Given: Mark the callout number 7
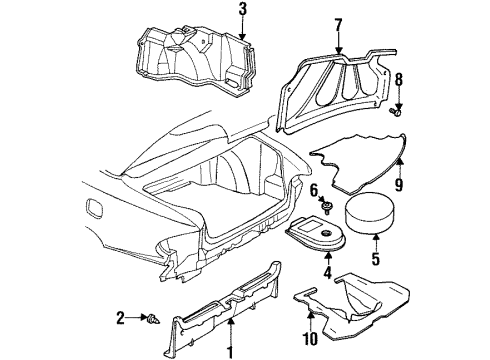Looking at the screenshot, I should coord(338,24).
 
